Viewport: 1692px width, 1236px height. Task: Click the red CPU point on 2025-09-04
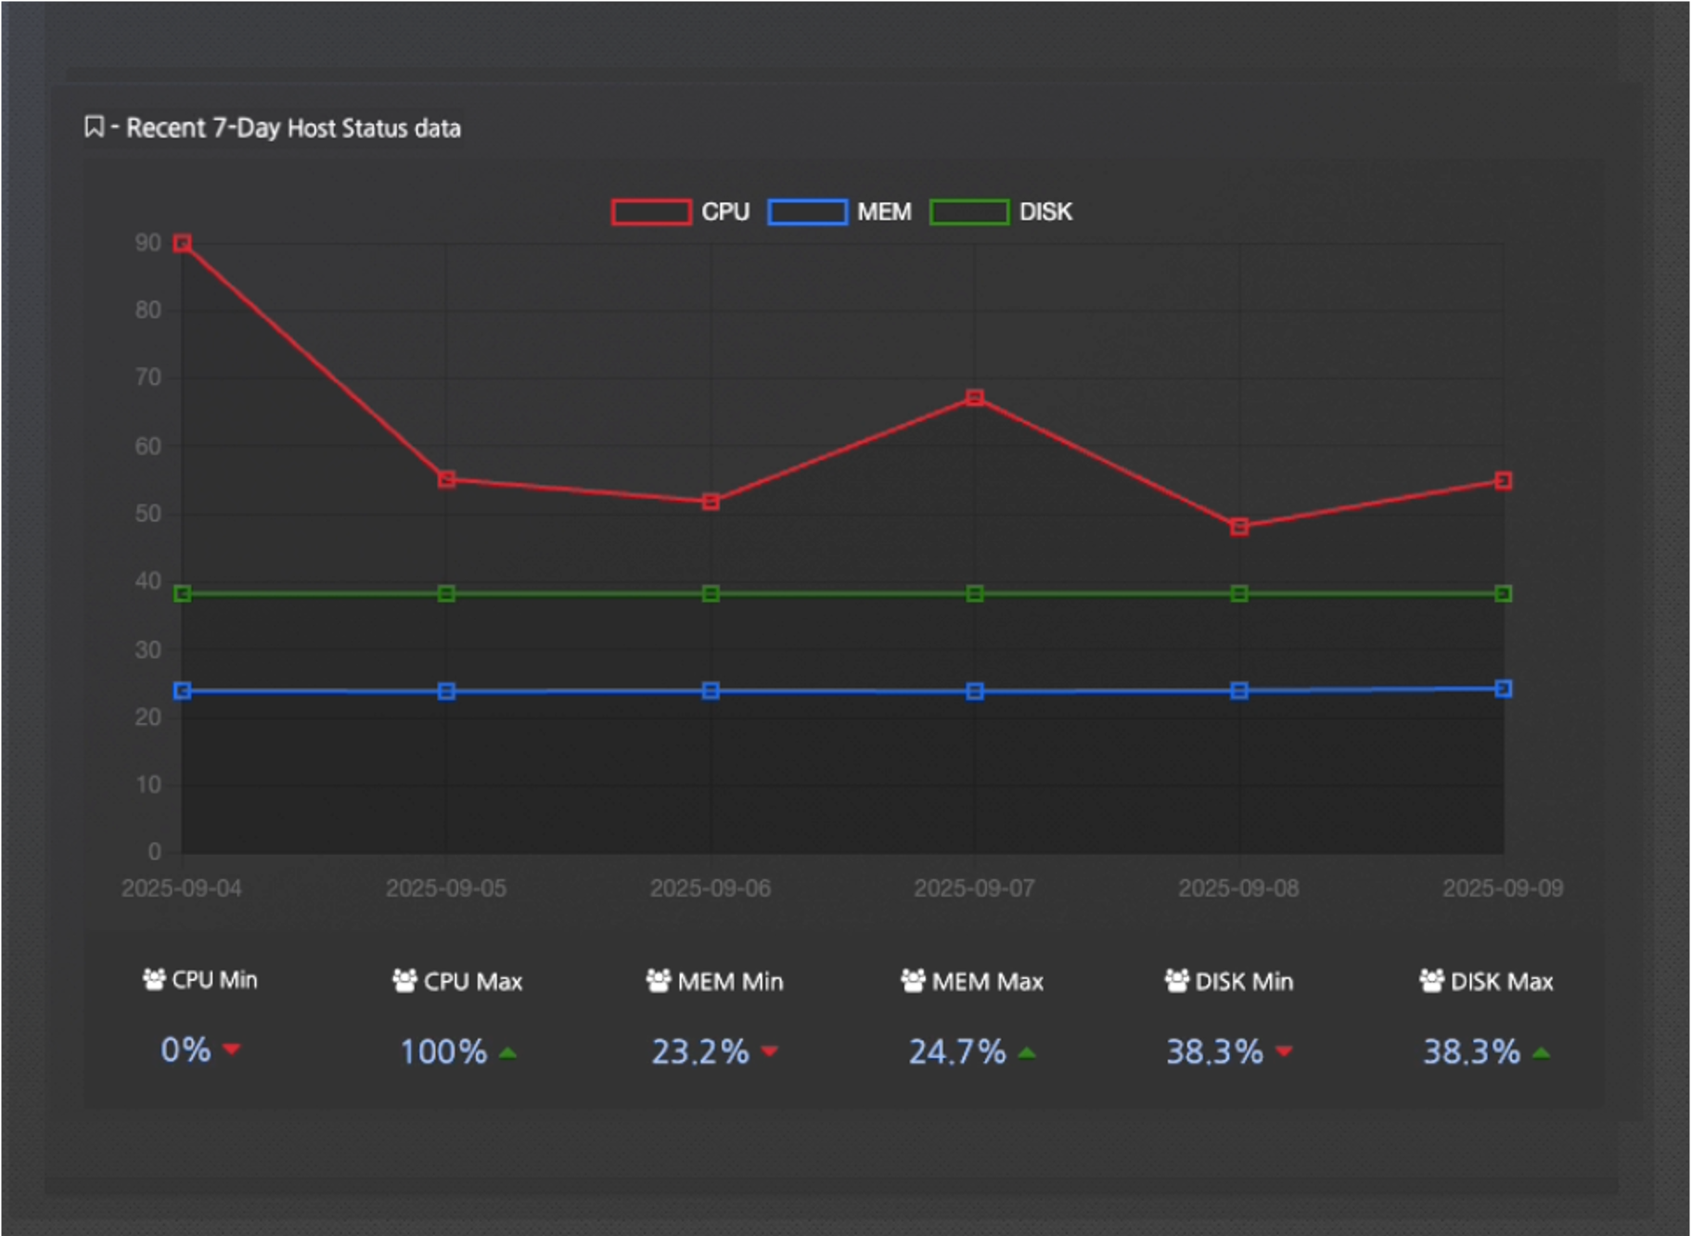(x=183, y=243)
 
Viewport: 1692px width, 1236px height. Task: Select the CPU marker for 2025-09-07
(x=974, y=398)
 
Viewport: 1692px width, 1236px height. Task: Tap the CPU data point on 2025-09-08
(x=1238, y=527)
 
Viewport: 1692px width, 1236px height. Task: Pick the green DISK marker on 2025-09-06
(x=711, y=593)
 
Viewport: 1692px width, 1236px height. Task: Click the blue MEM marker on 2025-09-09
(x=1503, y=689)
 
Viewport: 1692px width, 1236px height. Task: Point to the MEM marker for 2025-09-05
(x=446, y=692)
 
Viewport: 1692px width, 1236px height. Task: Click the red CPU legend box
(x=651, y=212)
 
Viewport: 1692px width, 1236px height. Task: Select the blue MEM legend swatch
(x=807, y=212)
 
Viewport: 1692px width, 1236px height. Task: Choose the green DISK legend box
(x=968, y=212)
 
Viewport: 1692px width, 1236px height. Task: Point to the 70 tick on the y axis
(x=148, y=378)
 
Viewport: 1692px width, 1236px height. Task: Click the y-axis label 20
(x=148, y=718)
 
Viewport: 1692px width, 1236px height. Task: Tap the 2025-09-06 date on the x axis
(x=711, y=888)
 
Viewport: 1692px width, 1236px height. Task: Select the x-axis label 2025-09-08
(x=1238, y=888)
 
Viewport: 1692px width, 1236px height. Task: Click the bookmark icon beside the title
(x=94, y=127)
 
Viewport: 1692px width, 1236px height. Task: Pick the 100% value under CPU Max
(x=443, y=1052)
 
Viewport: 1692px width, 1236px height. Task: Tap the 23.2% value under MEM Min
(x=699, y=1052)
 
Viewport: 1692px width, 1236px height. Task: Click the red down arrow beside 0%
(x=232, y=1050)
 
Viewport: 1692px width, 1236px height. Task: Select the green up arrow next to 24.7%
(x=1027, y=1053)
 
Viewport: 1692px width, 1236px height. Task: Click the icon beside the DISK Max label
(x=1431, y=980)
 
